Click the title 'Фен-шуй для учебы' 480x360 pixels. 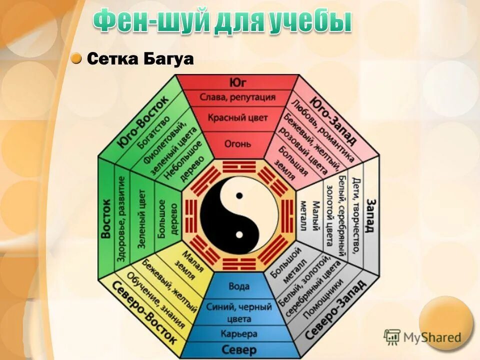(x=222, y=21)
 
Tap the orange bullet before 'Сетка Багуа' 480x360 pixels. (x=76, y=59)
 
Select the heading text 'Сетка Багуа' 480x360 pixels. (x=140, y=59)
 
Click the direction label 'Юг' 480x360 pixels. (x=238, y=82)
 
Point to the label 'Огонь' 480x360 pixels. (x=237, y=144)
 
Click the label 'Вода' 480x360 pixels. (x=238, y=287)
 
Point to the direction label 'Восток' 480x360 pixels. (x=106, y=218)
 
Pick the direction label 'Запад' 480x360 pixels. (x=370, y=215)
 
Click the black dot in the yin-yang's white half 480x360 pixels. (x=239, y=195)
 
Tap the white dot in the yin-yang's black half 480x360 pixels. (x=239, y=234)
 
